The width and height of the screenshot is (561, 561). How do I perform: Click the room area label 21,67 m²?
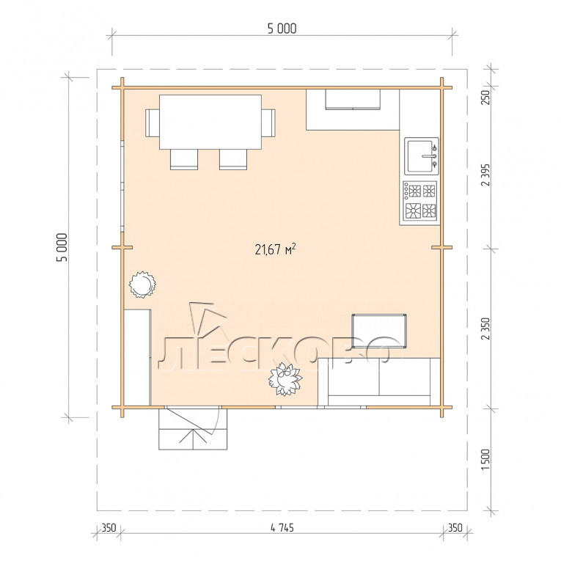point(275,249)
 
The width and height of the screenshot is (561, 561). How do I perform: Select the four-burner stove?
point(420,201)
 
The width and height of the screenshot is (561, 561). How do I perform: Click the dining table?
point(210,122)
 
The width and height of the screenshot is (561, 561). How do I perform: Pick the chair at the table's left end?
point(153,122)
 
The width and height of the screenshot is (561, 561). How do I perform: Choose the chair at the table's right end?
point(268,122)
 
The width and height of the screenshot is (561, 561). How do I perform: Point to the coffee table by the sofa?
point(379,331)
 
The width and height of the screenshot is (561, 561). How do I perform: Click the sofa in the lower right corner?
point(379,382)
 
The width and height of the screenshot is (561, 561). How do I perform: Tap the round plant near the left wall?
point(142,285)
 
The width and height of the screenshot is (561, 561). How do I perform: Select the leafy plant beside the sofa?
point(285,379)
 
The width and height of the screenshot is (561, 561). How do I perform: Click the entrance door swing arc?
point(216,422)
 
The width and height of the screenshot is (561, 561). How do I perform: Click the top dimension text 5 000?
point(282,29)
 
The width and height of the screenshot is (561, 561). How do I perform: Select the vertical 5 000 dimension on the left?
point(62,247)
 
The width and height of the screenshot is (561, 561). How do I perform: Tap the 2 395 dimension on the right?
point(485,175)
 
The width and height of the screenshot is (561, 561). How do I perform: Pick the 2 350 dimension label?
point(485,329)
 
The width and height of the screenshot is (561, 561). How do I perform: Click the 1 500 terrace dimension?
point(485,459)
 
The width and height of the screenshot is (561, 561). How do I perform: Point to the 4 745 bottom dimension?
point(282,528)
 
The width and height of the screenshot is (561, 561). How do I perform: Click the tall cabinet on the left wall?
point(137,357)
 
